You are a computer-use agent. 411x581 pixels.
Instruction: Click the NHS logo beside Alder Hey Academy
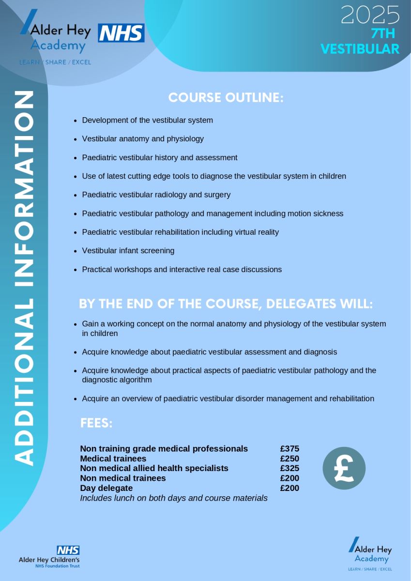pyautogui.click(x=122, y=33)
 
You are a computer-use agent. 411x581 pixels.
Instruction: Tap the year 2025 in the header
pyautogui.click(x=370, y=15)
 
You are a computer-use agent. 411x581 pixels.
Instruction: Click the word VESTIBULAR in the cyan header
pyautogui.click(x=360, y=49)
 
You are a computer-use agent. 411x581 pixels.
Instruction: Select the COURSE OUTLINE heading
pyautogui.click(x=226, y=97)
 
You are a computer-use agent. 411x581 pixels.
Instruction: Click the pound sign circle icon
pyautogui.click(x=344, y=468)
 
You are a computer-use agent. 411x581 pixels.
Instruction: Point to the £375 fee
pyautogui.click(x=289, y=449)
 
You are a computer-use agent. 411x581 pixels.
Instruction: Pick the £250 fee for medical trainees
pyautogui.click(x=289, y=459)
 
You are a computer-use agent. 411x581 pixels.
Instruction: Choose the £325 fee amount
pyautogui.click(x=289, y=468)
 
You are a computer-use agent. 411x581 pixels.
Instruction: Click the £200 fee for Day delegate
pyautogui.click(x=289, y=488)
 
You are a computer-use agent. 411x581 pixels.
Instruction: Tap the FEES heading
pyautogui.click(x=96, y=424)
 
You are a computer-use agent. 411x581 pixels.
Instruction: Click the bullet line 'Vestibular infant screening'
pyautogui.click(x=128, y=251)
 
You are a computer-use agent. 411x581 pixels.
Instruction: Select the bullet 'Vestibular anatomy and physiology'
pyautogui.click(x=143, y=139)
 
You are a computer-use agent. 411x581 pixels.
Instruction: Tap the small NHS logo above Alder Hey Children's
pyautogui.click(x=68, y=550)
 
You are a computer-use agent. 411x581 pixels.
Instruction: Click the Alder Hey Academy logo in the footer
pyautogui.click(x=370, y=553)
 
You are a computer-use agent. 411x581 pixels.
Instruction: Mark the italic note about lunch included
pyautogui.click(x=174, y=498)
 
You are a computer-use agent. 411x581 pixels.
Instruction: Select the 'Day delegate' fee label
pyautogui.click(x=107, y=488)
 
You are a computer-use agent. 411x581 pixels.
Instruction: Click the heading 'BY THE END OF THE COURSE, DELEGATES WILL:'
pyautogui.click(x=226, y=304)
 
